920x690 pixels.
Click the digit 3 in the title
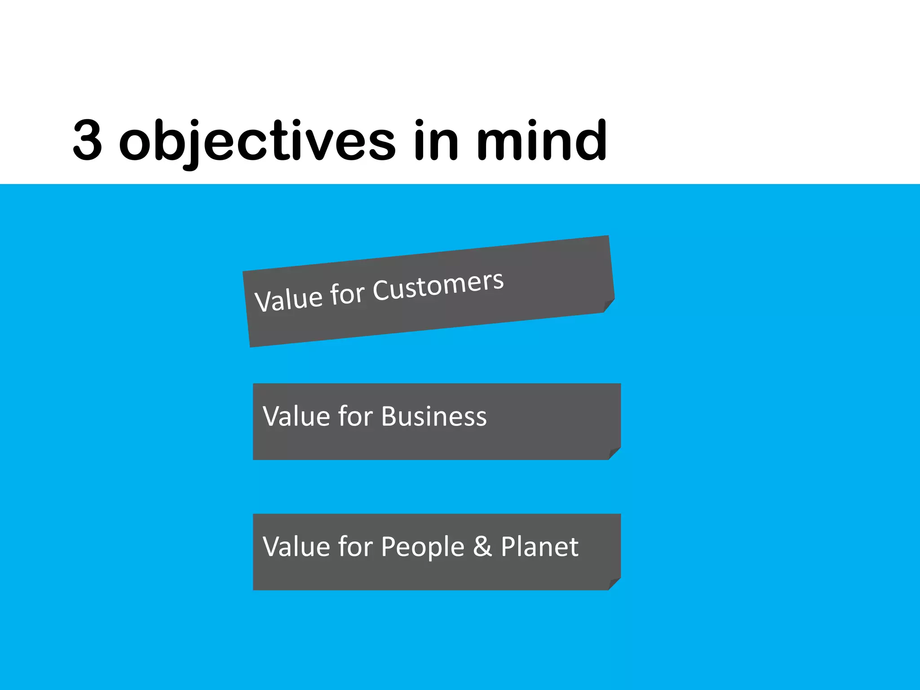[x=88, y=140]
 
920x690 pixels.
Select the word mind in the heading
[x=541, y=140]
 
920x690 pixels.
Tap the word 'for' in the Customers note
[x=347, y=294]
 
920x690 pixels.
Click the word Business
[x=434, y=416]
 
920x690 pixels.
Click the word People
[x=422, y=547]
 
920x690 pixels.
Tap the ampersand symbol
[x=482, y=547]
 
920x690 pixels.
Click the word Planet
[x=540, y=547]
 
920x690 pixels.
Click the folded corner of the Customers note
[x=609, y=305]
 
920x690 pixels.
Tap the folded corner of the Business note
[x=615, y=453]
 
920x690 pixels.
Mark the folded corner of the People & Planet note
[x=615, y=584]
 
